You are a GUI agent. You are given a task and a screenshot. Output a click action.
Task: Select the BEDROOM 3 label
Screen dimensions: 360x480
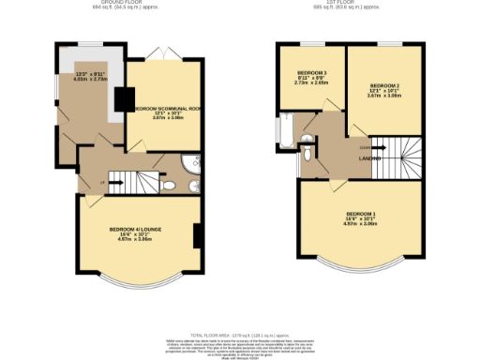(311, 73)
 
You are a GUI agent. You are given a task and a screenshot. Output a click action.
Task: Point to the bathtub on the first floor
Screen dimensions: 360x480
(285, 132)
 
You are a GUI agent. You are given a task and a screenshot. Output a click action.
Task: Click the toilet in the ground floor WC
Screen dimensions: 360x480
(168, 186)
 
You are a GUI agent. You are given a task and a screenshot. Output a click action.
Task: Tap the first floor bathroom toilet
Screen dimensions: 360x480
(307, 142)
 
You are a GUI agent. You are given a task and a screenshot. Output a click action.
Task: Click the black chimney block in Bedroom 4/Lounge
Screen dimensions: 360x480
(198, 236)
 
